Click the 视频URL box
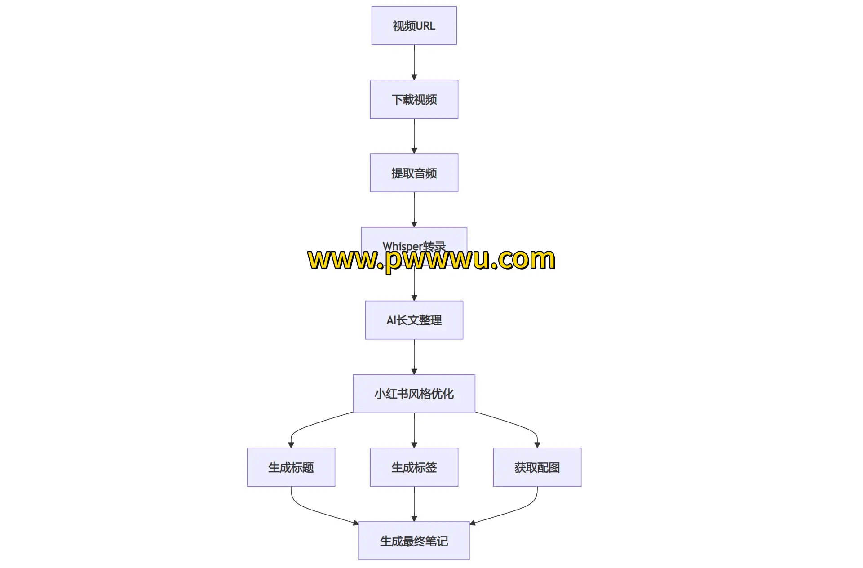click(414, 26)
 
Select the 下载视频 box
click(414, 99)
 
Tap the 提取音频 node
click(414, 173)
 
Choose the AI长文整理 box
click(414, 320)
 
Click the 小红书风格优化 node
click(414, 394)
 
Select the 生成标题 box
click(291, 467)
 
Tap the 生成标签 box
click(414, 467)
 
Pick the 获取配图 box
click(537, 467)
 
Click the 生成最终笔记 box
click(414, 541)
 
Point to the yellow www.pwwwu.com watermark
click(431, 260)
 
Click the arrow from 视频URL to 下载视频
click(414, 62)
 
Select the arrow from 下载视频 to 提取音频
click(414, 136)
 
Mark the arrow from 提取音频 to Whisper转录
click(414, 210)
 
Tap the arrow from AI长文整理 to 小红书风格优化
click(414, 357)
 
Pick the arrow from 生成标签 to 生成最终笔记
click(414, 504)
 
